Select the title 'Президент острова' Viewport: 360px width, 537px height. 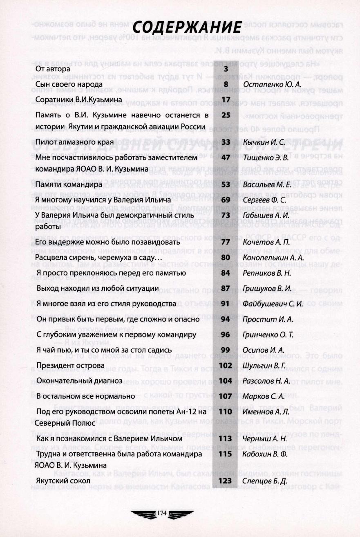[x=70, y=365]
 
